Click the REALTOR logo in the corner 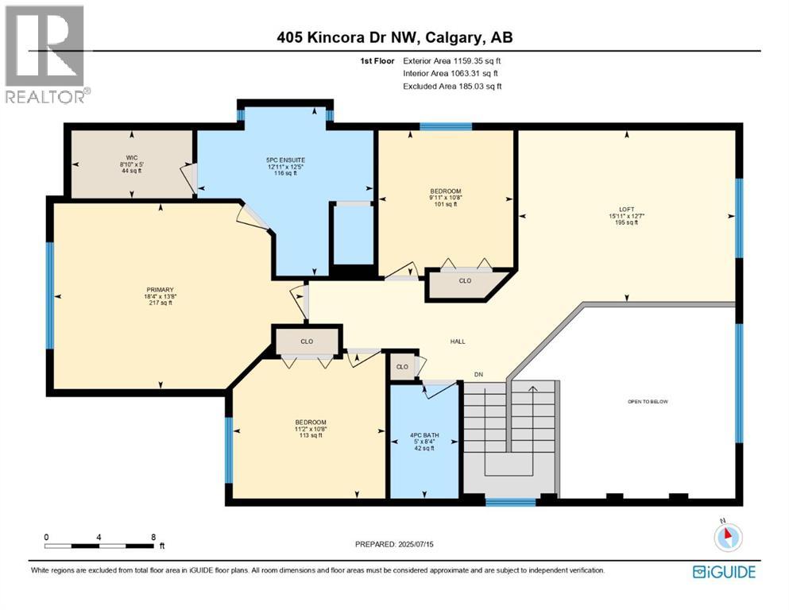[x=45, y=54]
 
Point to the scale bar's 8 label [x=153, y=537]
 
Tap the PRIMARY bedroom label [x=160, y=289]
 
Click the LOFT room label [x=626, y=210]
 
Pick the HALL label [x=457, y=342]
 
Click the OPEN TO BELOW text [x=648, y=402]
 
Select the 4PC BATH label [x=424, y=436]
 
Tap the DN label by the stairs [x=478, y=374]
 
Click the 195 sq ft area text [x=626, y=223]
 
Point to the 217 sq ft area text [x=160, y=303]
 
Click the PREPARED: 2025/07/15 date [x=395, y=544]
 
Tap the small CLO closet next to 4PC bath [x=402, y=367]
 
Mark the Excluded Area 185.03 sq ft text [x=452, y=86]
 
